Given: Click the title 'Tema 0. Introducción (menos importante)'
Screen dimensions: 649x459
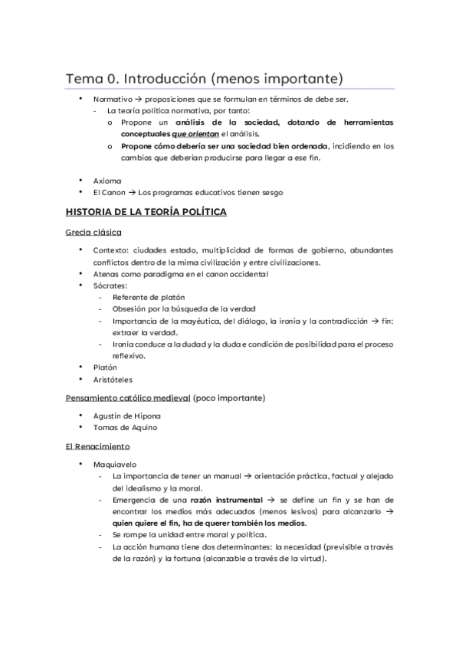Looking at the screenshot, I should pos(204,79).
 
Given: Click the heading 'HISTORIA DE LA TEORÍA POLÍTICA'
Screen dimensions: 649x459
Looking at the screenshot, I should pos(146,212).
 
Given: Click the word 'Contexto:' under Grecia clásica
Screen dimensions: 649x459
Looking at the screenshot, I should pos(112,250).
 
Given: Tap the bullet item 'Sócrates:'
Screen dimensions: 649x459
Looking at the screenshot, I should pos(110,285).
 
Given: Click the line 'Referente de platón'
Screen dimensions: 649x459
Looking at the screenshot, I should pos(148,297).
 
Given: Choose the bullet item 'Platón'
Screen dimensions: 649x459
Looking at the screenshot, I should pos(105,367).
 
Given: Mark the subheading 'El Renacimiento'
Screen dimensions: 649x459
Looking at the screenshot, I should pos(97,445).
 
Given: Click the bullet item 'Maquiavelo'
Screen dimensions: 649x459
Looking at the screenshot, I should pos(113,464).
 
